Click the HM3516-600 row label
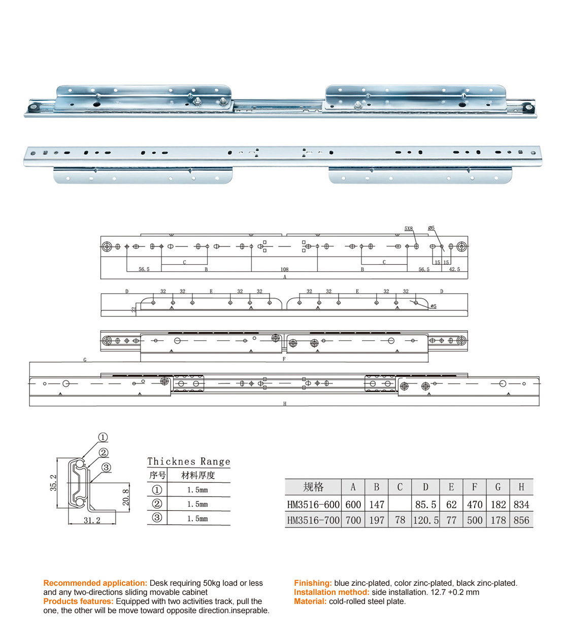[313, 505]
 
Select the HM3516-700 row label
[313, 520]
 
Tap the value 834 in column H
[521, 505]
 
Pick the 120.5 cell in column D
[425, 520]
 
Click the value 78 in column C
[400, 520]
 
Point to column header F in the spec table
[475, 487]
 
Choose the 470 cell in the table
[475, 505]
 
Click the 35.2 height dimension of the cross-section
[53, 483]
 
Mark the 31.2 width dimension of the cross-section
[92, 520]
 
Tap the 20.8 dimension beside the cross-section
[126, 497]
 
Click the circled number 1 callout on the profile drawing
[103, 437]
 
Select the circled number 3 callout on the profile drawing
[106, 467]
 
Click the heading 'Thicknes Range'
[188, 461]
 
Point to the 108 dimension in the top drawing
[284, 269]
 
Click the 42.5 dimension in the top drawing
[454, 269]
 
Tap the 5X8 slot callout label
[409, 229]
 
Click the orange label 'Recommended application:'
[95, 583]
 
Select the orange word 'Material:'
[310, 601]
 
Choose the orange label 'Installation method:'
[331, 592]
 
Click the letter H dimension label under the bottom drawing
[285, 404]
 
